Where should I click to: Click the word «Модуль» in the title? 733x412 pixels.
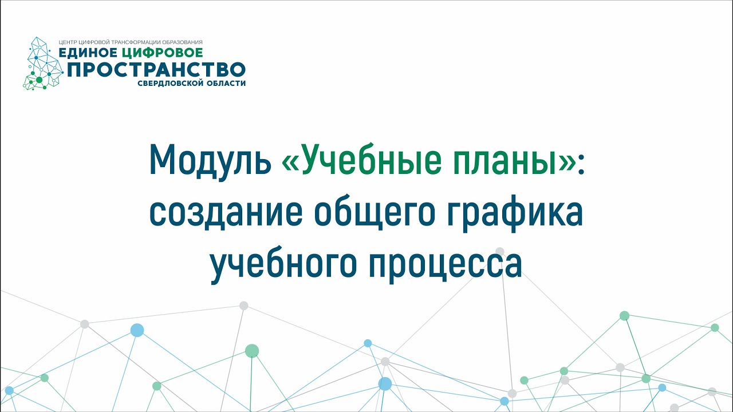tap(210, 161)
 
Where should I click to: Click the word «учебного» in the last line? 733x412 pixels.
tap(283, 266)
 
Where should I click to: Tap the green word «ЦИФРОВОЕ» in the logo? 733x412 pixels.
tap(162, 53)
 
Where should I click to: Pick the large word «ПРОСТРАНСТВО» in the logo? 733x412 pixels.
tap(156, 69)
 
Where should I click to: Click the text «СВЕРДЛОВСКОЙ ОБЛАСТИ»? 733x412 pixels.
tap(191, 84)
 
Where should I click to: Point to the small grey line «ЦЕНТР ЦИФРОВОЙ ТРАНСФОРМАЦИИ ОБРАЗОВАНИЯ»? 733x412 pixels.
tap(131, 42)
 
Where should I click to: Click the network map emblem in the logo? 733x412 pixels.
tap(43, 64)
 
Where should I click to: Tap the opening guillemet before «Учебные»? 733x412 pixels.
tap(290, 163)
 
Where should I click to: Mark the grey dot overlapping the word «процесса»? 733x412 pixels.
tap(500, 252)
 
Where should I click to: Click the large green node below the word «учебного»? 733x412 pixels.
tap(252, 351)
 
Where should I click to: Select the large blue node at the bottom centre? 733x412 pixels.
tap(385, 384)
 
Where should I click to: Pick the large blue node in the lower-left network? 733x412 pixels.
tap(137, 330)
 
